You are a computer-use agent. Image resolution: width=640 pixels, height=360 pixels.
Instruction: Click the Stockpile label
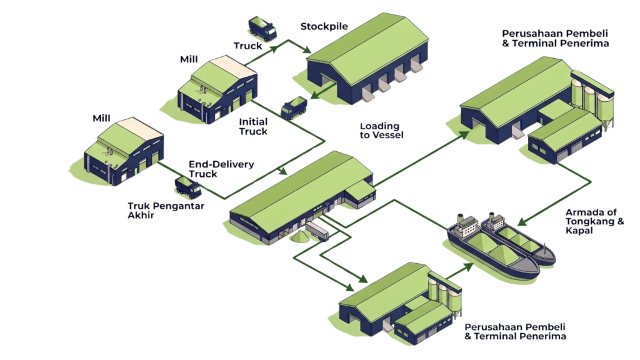[x=324, y=26]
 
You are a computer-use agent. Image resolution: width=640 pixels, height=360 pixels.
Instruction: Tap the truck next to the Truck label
[x=262, y=29]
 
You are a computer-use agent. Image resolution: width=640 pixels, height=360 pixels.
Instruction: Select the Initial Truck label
[x=253, y=126]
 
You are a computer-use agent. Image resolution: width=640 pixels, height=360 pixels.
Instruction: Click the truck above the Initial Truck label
[x=294, y=107]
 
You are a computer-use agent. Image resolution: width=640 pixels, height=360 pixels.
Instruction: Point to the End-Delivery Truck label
[x=221, y=169]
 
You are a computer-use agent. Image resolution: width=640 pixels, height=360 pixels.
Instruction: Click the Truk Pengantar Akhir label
[x=166, y=211]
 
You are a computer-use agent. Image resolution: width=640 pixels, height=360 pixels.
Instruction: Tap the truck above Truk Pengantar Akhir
[x=188, y=187]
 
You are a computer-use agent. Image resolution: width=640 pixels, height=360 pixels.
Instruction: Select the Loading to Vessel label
[x=381, y=131]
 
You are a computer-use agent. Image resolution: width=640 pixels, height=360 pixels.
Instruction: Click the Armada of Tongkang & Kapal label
[x=595, y=221]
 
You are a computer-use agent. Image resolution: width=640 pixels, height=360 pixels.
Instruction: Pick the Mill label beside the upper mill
[x=189, y=59]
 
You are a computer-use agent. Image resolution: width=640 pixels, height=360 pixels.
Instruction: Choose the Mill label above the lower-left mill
[x=101, y=118]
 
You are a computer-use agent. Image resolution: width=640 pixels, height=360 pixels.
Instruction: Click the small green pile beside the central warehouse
[x=300, y=237]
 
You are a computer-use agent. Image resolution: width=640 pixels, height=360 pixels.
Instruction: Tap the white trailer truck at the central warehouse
[x=317, y=231]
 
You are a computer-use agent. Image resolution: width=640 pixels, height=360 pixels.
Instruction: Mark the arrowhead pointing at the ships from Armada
[x=522, y=222]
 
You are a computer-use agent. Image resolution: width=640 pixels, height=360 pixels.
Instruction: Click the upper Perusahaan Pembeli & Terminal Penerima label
[x=555, y=38]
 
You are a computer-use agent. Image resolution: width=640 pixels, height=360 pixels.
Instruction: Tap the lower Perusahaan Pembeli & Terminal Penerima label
[x=515, y=332]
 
